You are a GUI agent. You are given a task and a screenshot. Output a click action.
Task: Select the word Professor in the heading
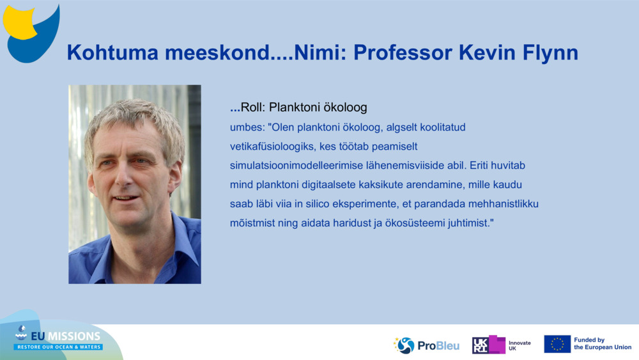(x=403, y=52)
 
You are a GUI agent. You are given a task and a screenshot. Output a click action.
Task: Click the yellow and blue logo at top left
(x=31, y=33)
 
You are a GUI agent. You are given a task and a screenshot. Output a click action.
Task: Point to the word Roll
(x=252, y=107)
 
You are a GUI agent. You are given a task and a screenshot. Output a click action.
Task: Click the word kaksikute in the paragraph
(x=381, y=185)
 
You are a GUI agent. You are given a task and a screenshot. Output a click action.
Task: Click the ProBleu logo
(x=426, y=345)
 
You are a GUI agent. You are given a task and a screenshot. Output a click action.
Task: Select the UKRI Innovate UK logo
(x=501, y=345)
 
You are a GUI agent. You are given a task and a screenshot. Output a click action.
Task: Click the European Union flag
(x=557, y=344)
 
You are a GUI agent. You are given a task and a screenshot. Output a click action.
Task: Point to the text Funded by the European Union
(x=603, y=343)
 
